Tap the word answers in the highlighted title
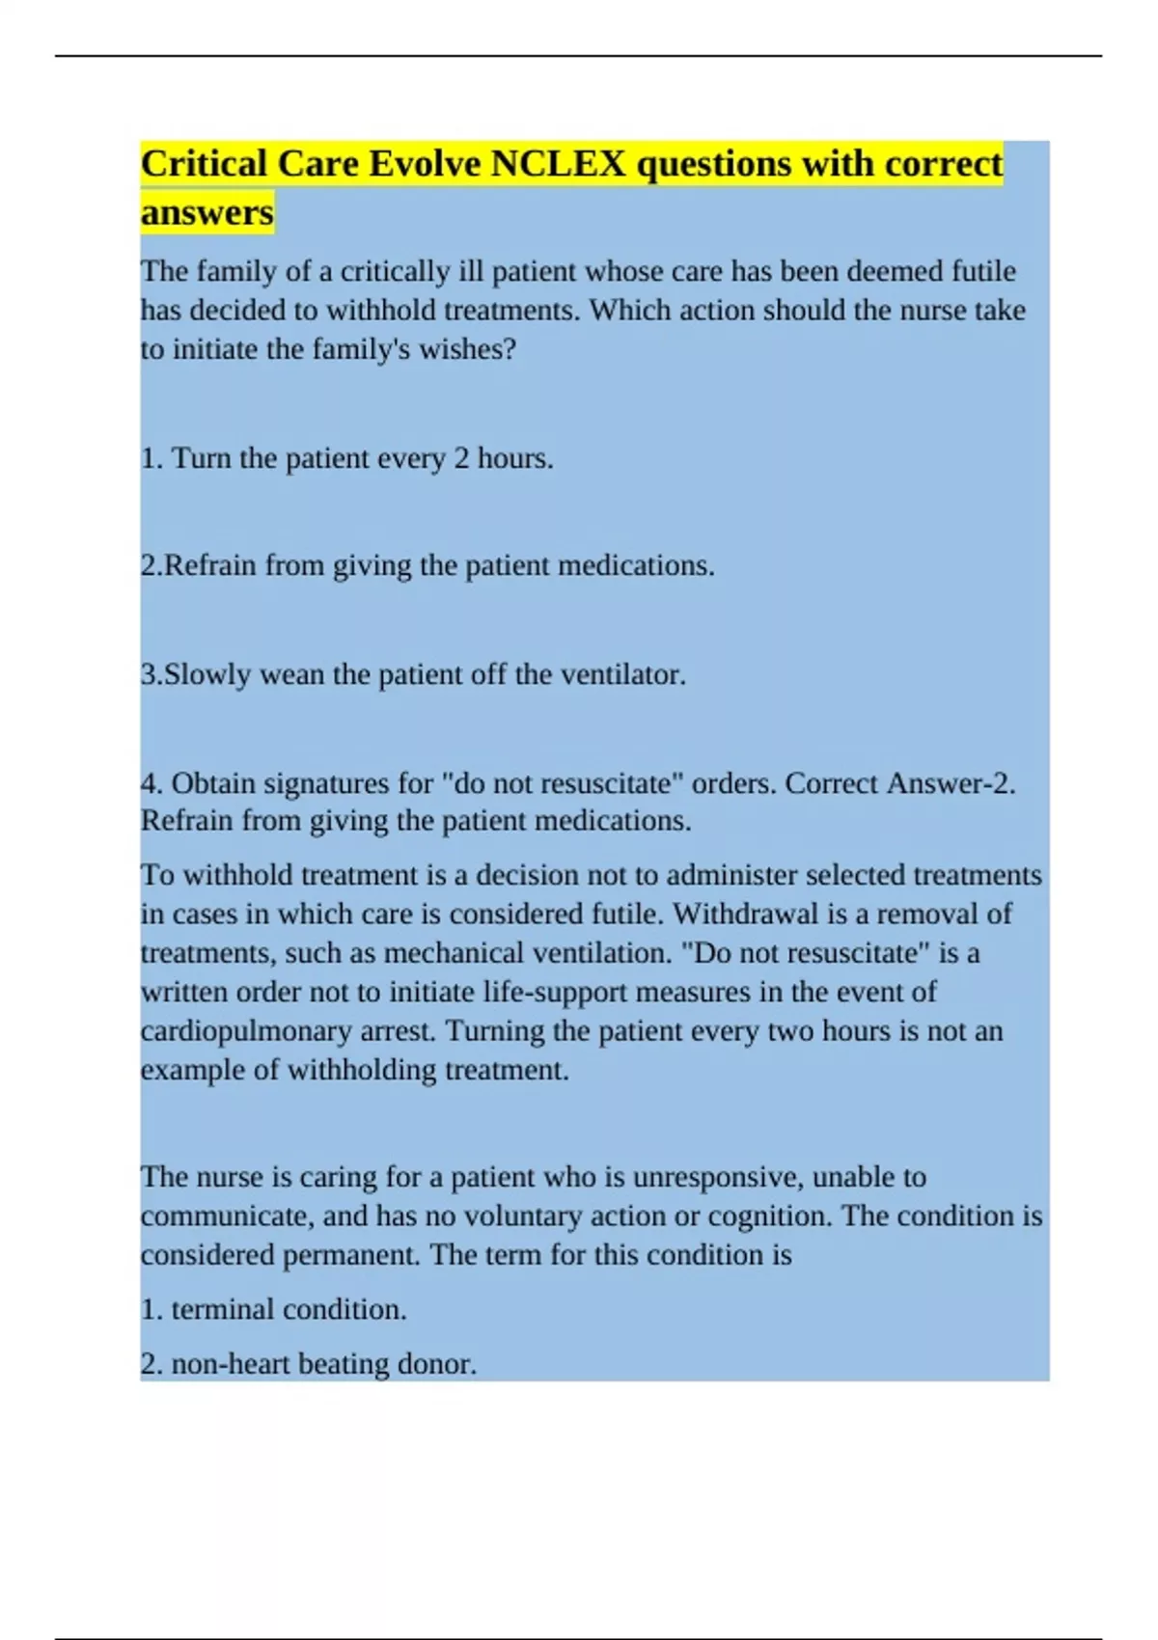click(x=207, y=212)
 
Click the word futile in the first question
click(x=983, y=271)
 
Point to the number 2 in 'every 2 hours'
click(x=461, y=458)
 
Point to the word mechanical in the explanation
click(x=450, y=953)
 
